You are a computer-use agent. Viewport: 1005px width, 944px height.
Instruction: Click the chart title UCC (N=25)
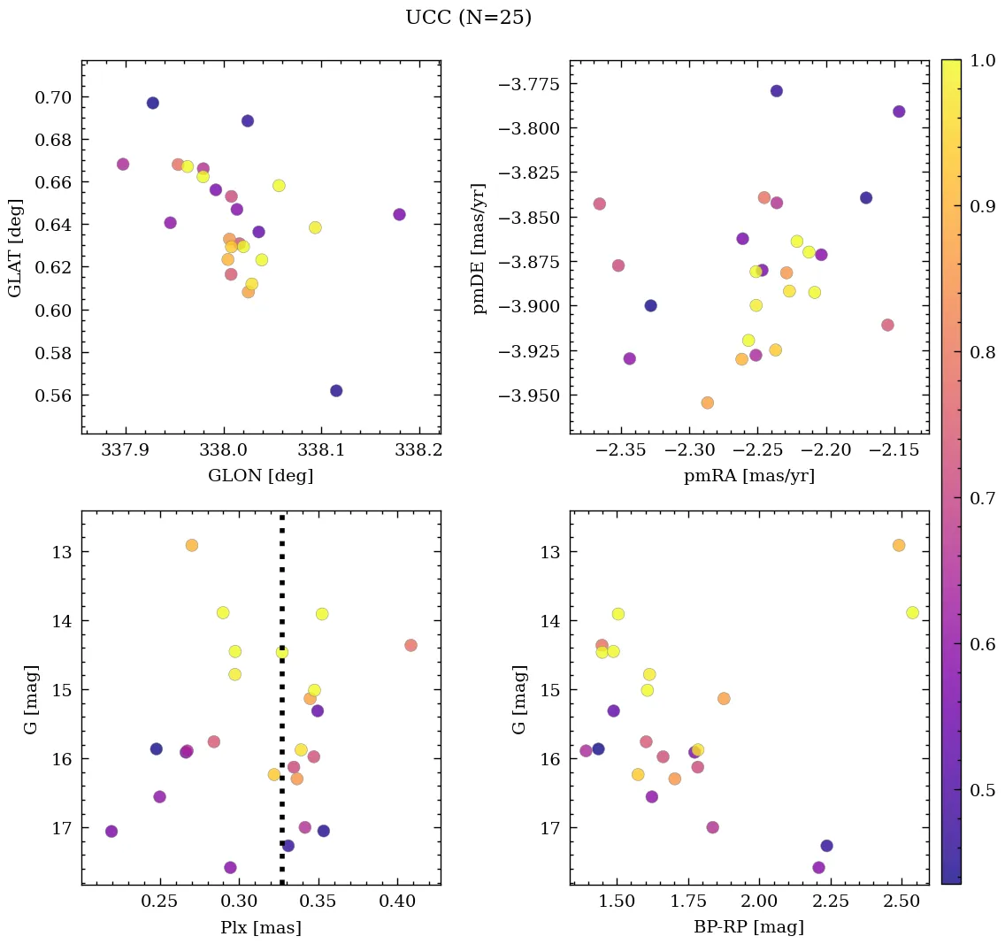[x=468, y=18]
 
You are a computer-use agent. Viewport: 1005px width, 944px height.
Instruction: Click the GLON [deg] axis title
[x=261, y=476]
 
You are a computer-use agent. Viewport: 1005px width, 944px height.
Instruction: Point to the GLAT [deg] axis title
[x=15, y=248]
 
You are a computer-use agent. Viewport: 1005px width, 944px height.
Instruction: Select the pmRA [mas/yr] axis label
[x=749, y=476]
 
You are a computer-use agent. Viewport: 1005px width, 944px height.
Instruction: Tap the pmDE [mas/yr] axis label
[x=480, y=248]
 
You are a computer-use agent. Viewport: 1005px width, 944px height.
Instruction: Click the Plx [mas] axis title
[x=261, y=928]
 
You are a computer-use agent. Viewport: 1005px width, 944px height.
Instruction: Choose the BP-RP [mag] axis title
[x=749, y=928]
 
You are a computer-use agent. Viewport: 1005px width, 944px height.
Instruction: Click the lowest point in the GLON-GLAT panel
[x=336, y=391]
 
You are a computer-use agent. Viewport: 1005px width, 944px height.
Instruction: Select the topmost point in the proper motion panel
[x=777, y=91]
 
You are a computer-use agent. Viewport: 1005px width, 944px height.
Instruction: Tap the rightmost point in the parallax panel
[x=410, y=645]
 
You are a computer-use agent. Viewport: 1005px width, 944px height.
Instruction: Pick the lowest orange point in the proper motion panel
[x=708, y=403]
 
